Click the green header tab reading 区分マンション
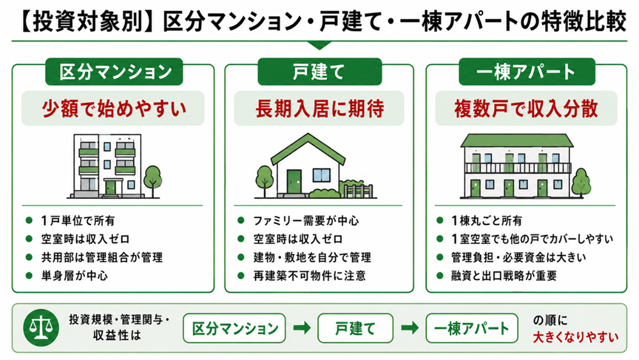click(114, 72)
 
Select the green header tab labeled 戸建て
click(319, 72)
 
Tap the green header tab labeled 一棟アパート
click(527, 72)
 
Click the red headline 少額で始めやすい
click(114, 109)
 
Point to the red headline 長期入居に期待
click(319, 109)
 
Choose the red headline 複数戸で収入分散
click(526, 109)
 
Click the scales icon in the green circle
click(41, 327)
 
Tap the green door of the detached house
click(294, 182)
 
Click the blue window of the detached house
click(321, 175)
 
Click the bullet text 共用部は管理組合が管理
click(102, 257)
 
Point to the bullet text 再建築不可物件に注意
click(310, 276)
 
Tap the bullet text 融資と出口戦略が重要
click(504, 276)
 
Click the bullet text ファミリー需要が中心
click(306, 221)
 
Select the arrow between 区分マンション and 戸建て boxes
click(302, 328)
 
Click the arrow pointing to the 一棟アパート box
click(410, 328)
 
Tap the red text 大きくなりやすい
click(576, 337)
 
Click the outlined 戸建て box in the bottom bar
click(355, 328)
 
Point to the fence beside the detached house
click(358, 191)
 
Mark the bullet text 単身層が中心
click(75, 276)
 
